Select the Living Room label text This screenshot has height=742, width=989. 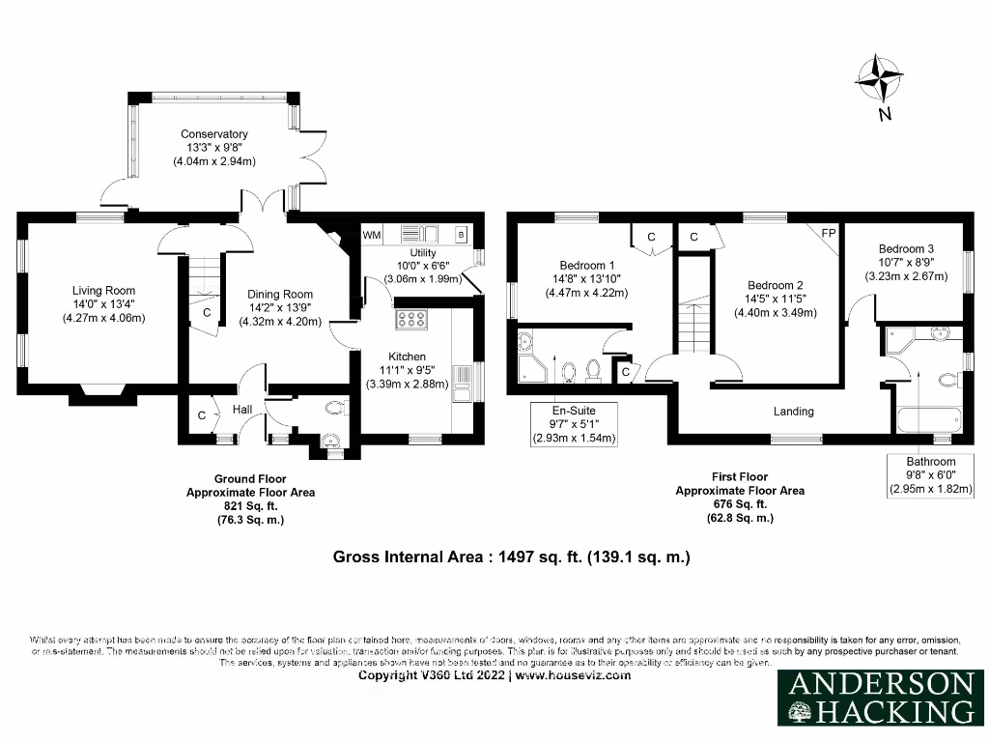coord(103,290)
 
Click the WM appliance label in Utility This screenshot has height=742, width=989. coord(372,235)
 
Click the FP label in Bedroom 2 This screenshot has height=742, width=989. coord(828,233)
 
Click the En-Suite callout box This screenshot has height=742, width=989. coord(575,424)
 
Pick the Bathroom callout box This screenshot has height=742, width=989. coord(930,475)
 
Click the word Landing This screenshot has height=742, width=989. coord(794,412)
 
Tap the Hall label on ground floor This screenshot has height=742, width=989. coord(242,410)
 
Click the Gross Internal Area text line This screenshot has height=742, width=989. coord(511,556)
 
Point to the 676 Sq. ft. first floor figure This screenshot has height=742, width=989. coord(739,504)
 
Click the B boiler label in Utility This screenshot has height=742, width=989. coord(461,235)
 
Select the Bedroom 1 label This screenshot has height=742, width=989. coord(586,265)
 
